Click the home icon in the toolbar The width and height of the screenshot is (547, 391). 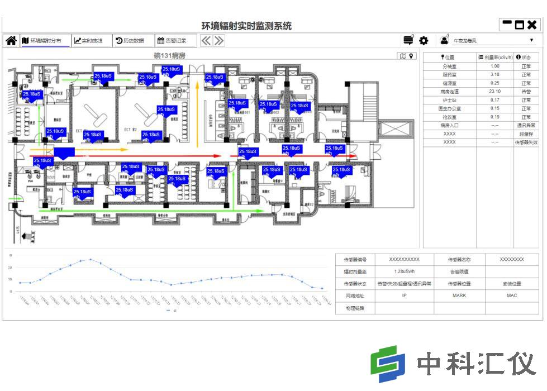click(x=11, y=41)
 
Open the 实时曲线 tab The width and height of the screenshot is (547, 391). click(x=89, y=41)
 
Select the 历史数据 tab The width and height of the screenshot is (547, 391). click(x=130, y=41)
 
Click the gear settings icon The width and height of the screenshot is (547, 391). click(x=424, y=41)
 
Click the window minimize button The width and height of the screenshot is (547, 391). click(x=507, y=24)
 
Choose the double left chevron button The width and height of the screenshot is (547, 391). click(x=206, y=41)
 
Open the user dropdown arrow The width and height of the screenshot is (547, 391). click(x=532, y=41)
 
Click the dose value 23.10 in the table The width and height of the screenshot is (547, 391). click(x=494, y=92)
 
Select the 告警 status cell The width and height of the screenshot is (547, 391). click(x=526, y=92)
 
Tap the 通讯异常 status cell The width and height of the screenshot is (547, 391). click(x=526, y=126)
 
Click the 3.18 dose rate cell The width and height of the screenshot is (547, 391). click(x=494, y=74)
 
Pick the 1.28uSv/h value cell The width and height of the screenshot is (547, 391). click(x=403, y=272)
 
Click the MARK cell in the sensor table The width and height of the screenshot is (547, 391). click(x=459, y=295)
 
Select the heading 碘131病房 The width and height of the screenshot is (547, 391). click(x=169, y=56)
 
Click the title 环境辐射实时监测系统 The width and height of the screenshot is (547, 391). click(x=246, y=26)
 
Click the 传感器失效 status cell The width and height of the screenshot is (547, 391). click(x=526, y=142)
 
